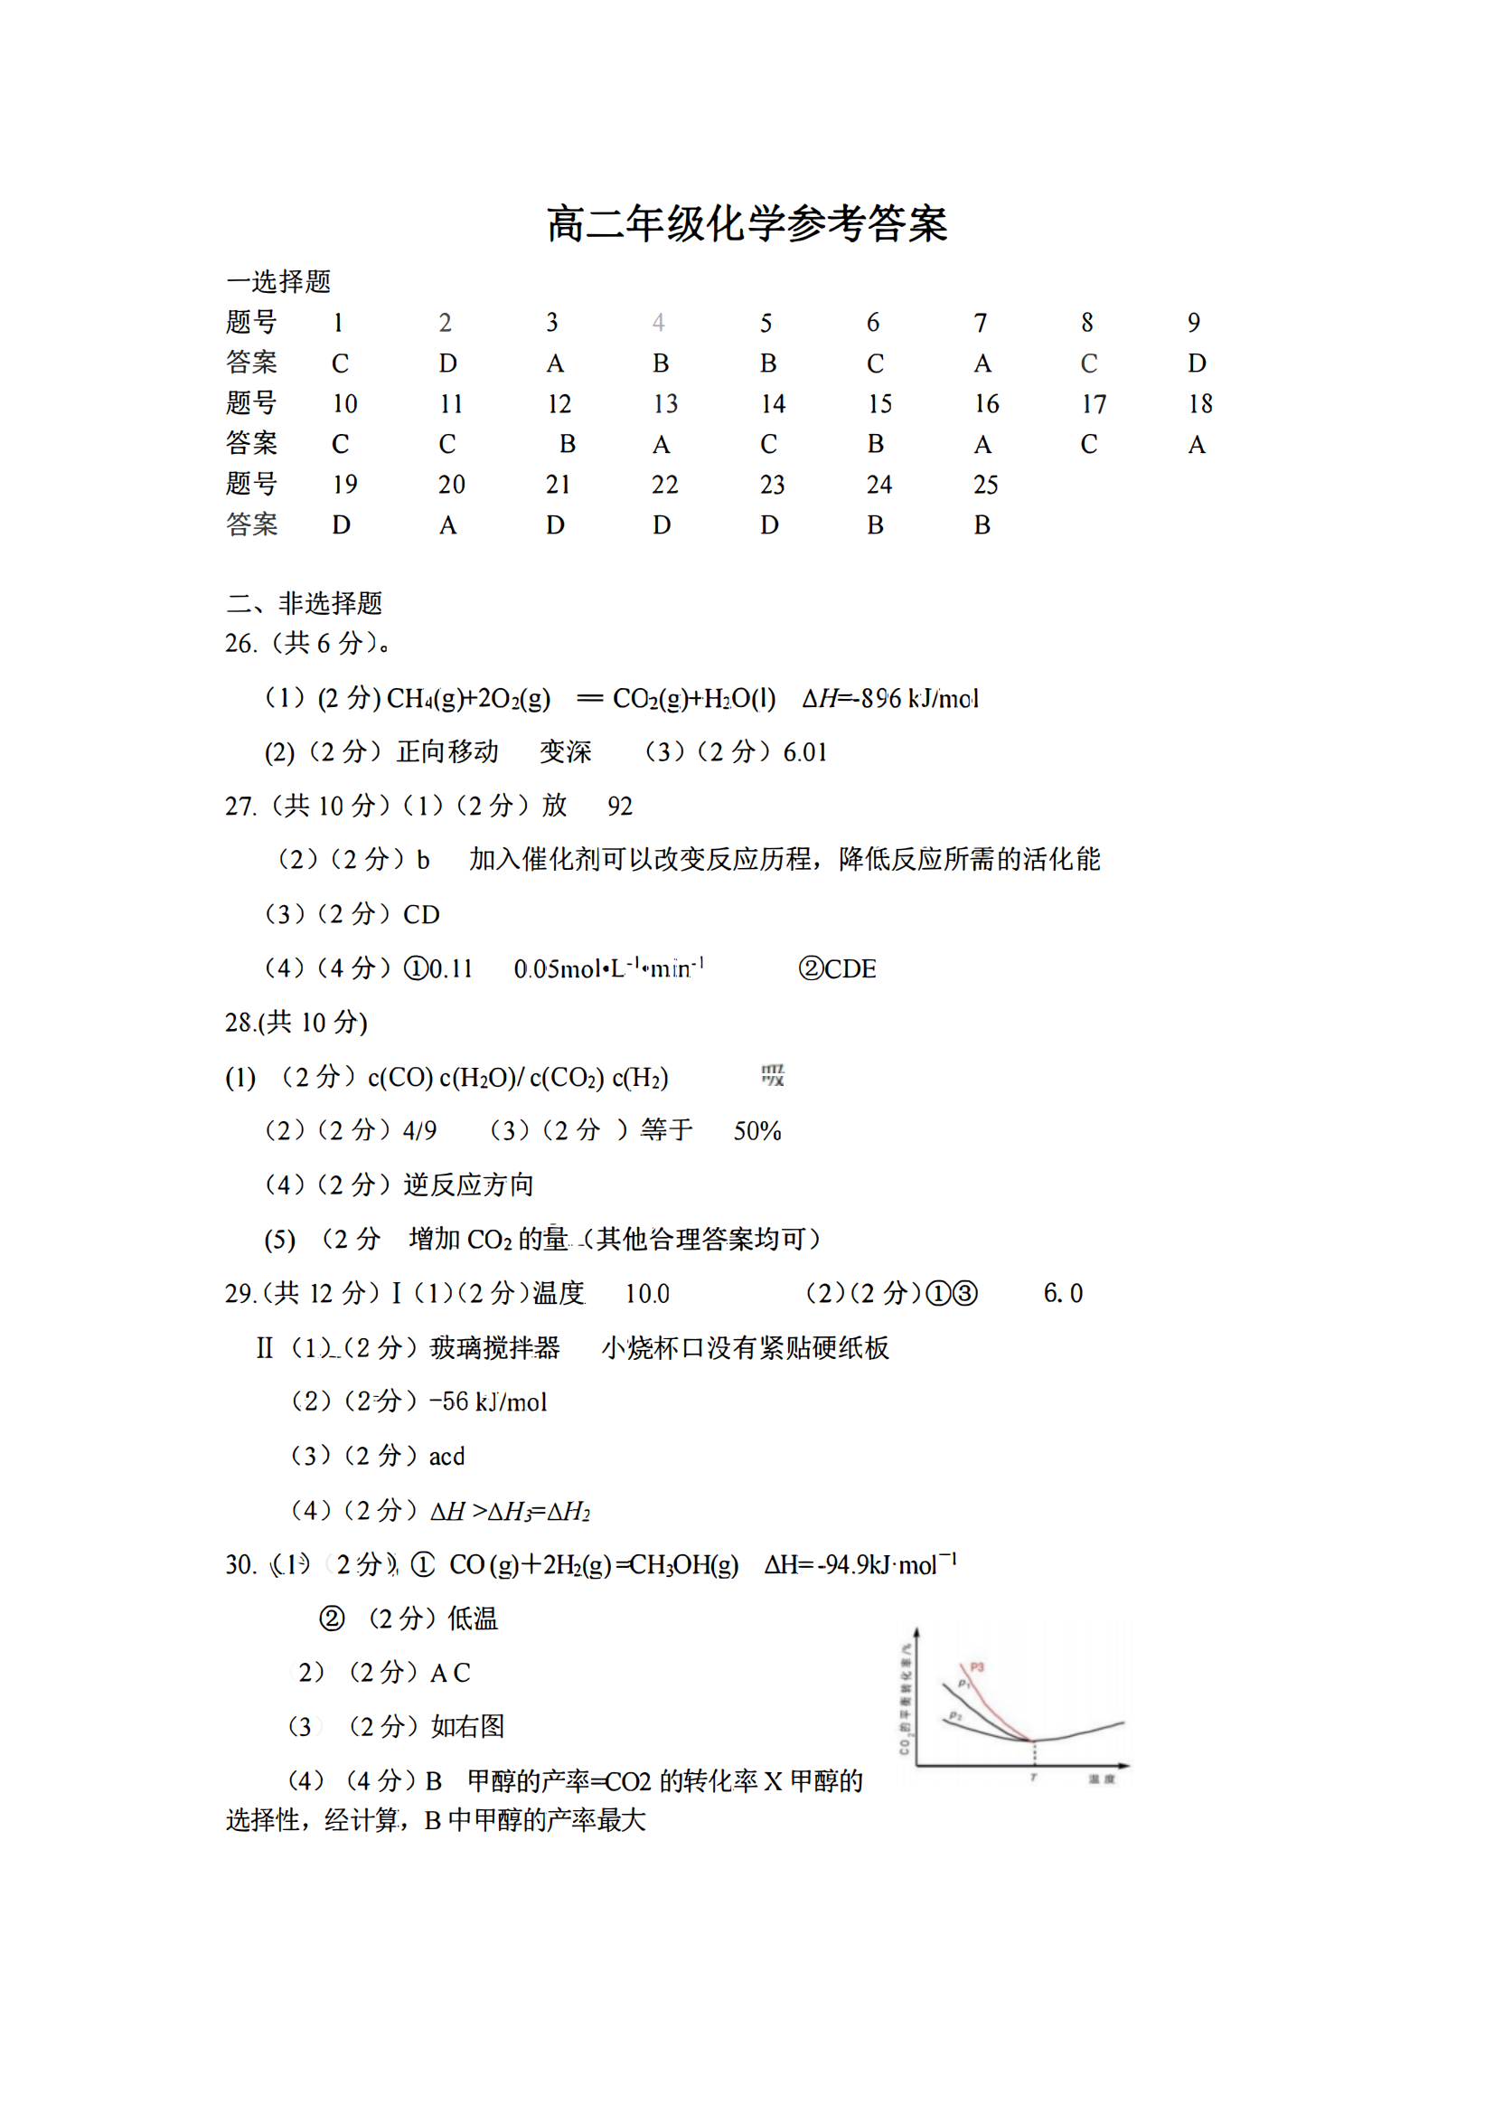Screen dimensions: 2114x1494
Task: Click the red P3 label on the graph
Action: tap(977, 1667)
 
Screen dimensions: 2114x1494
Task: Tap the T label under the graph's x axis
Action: tap(1033, 1778)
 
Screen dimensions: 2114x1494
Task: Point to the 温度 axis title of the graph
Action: tap(1101, 1779)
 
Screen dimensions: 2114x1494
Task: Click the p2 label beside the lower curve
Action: tap(955, 1715)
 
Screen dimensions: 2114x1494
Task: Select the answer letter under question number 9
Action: tap(1196, 363)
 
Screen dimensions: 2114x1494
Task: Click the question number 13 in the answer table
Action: tap(664, 404)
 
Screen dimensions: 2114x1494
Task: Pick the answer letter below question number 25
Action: tap(982, 525)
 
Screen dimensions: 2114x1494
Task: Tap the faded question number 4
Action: tap(658, 323)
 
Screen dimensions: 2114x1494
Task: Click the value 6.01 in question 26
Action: tap(804, 753)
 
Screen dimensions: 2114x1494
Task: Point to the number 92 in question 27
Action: tap(619, 807)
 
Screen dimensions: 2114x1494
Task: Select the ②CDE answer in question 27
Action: tap(837, 968)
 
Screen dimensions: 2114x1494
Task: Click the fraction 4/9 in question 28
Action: tap(419, 1130)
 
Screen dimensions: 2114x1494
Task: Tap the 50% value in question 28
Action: tap(756, 1130)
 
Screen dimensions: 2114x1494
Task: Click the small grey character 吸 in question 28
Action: tap(773, 1075)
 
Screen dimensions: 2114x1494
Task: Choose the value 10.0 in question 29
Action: tap(647, 1294)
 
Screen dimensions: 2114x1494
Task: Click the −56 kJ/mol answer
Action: tap(488, 1401)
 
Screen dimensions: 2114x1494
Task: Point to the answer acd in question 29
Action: tap(446, 1456)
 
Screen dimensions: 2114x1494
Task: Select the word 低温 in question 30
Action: tap(472, 1619)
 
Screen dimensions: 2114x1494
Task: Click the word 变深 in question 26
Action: tap(565, 752)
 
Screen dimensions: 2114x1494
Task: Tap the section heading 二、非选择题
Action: tap(304, 603)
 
